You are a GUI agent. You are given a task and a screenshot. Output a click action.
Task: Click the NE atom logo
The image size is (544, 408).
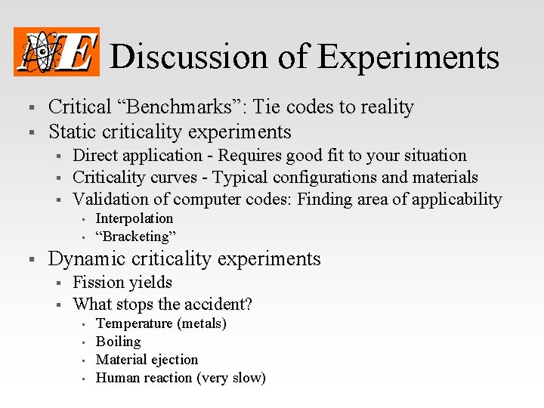point(57,51)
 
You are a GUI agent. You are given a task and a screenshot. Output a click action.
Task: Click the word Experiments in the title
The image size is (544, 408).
point(408,57)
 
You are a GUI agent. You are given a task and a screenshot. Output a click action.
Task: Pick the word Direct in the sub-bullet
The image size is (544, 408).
point(95,156)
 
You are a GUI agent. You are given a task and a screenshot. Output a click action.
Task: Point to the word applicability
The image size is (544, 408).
point(457,199)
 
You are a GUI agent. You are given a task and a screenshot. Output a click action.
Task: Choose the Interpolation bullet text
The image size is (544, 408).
point(134,218)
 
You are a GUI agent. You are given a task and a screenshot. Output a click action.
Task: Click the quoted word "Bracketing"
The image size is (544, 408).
point(136,236)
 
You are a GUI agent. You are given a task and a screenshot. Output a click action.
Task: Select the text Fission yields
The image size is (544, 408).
point(122,283)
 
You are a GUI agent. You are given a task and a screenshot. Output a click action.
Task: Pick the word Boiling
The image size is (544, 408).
point(118,342)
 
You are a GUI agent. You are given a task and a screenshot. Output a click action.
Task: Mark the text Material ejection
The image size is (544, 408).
point(147,360)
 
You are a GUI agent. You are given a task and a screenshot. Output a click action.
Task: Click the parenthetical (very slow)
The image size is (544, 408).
point(230,378)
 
